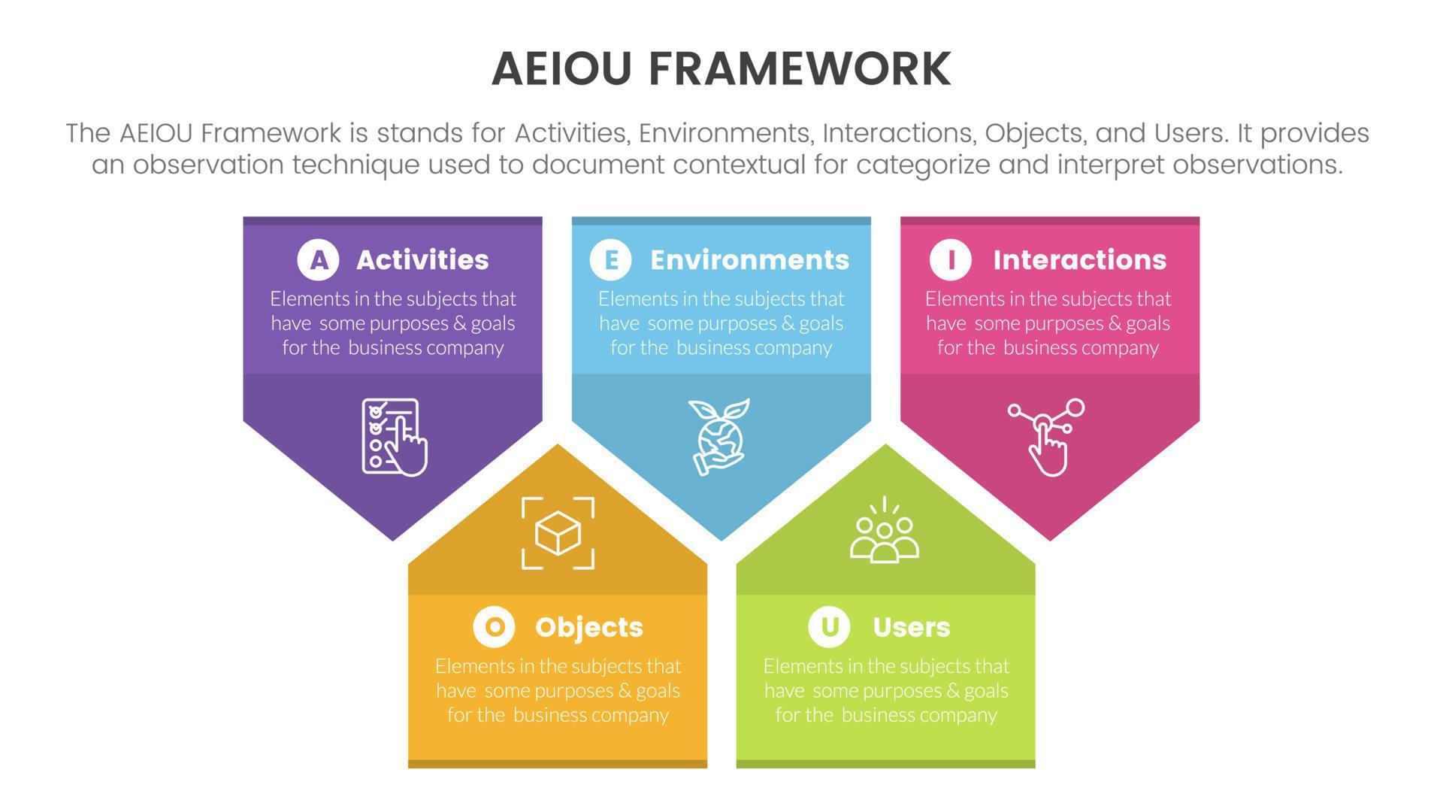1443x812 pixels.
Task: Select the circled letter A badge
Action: tap(318, 259)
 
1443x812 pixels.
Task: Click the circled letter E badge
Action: tap(610, 259)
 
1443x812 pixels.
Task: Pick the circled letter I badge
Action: tap(951, 259)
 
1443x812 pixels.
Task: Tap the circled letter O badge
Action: tap(494, 626)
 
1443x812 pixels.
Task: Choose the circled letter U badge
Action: tap(829, 626)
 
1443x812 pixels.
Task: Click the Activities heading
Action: tap(422, 259)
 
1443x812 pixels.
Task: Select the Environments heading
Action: tap(749, 259)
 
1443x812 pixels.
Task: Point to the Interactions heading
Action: tap(1080, 259)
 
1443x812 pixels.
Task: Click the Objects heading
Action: tap(589, 628)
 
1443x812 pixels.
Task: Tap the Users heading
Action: tap(912, 627)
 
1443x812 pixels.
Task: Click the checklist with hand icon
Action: tap(395, 437)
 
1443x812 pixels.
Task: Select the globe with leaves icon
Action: tap(719, 437)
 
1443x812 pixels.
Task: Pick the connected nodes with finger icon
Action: tap(1046, 437)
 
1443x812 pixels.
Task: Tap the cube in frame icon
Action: tap(558, 533)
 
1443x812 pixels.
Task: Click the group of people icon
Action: tap(885, 529)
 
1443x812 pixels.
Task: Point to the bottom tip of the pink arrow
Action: tap(1050, 541)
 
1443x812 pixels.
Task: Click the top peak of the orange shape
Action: tap(558, 444)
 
